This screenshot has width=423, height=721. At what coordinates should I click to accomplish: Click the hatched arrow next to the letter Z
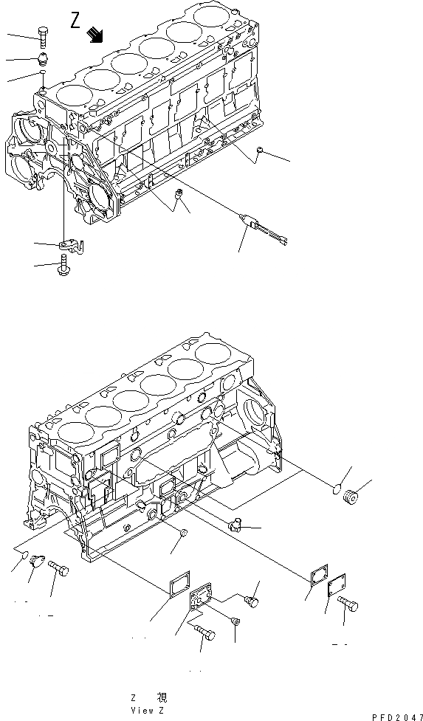95,34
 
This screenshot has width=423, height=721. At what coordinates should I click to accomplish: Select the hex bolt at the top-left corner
42,35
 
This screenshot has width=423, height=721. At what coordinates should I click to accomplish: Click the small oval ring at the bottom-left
24,555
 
